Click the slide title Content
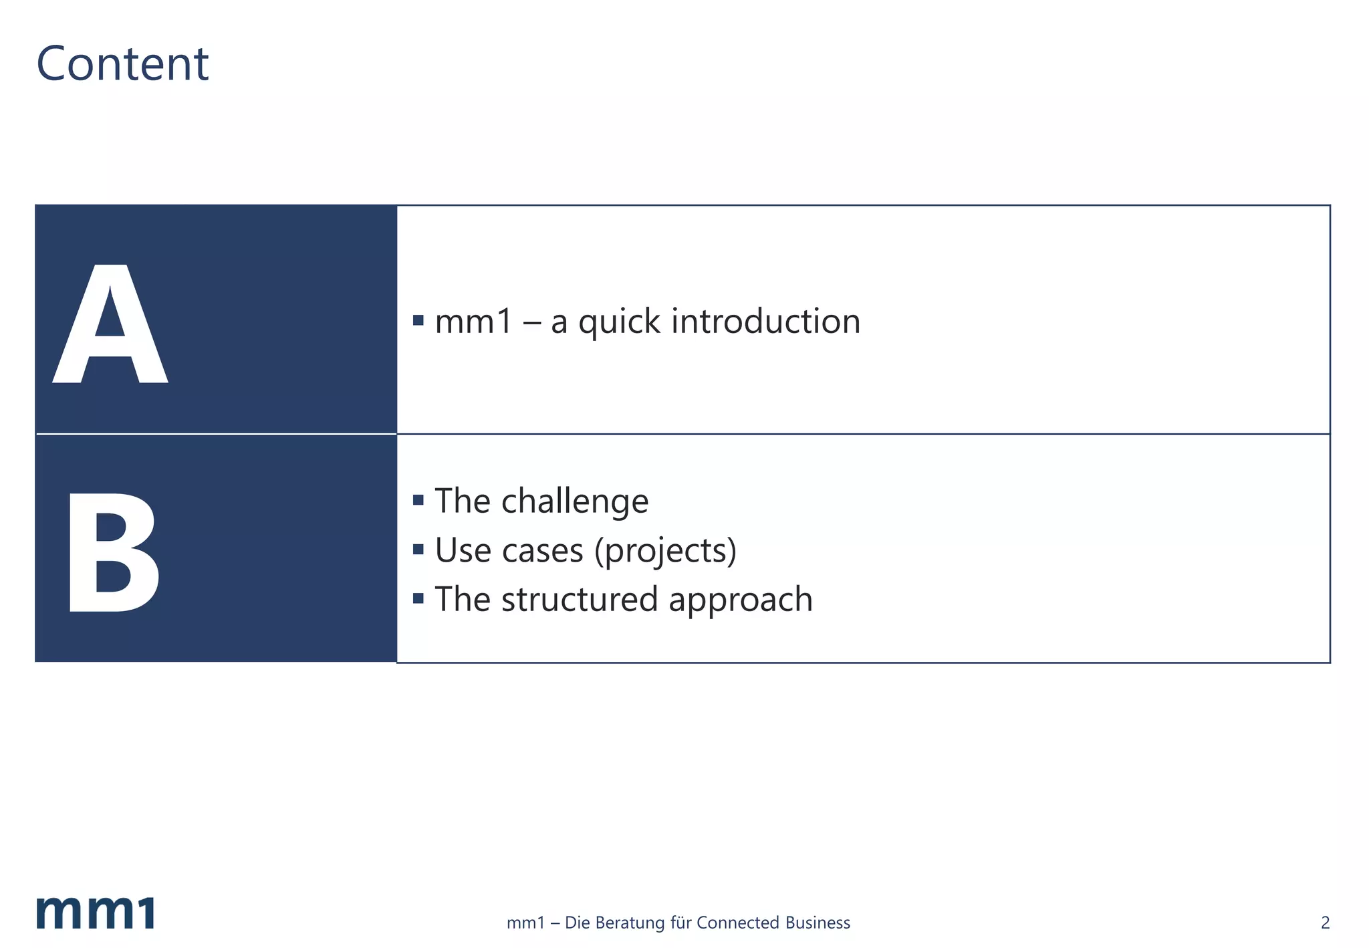(122, 64)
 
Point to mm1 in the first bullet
(473, 322)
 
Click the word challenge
(575, 501)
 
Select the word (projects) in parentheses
(665, 551)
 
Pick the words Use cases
(509, 551)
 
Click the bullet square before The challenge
(418, 500)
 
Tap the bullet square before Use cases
(418, 550)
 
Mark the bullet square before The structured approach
(418, 598)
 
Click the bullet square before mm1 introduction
(418, 320)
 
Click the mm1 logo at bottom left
(96, 913)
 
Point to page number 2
(1325, 923)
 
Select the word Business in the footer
(818, 923)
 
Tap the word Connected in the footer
(737, 923)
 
